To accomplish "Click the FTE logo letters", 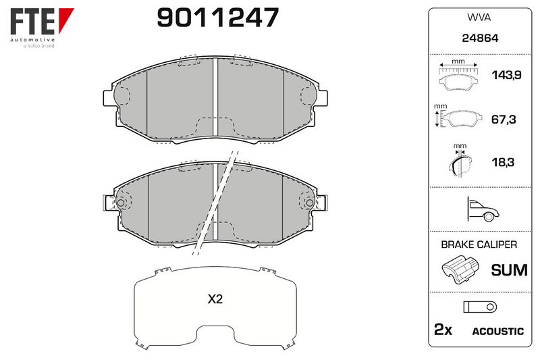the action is [x=33, y=22].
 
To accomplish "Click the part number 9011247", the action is [x=217, y=18].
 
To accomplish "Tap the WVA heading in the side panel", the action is [x=479, y=18].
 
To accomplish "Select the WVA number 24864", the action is [x=480, y=38].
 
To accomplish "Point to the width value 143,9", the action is [x=507, y=75].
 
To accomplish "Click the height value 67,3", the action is [x=504, y=119].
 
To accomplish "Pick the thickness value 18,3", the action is [x=503, y=161].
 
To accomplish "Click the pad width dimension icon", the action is [x=458, y=76].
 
